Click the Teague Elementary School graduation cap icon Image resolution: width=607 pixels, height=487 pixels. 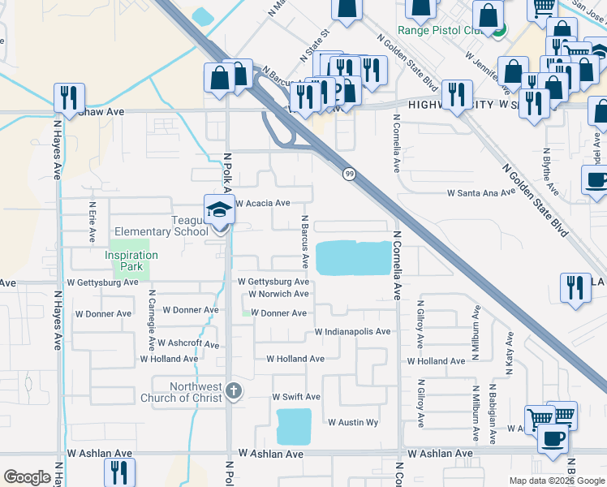(217, 210)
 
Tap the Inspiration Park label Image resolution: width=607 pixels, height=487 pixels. (131, 261)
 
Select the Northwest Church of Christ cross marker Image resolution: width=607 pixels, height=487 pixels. (234, 391)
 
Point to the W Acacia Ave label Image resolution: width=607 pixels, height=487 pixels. (262, 203)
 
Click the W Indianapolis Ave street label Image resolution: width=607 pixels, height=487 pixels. (352, 332)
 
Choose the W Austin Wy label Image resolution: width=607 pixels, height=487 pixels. (353, 423)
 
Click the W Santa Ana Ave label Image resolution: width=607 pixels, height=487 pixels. (480, 193)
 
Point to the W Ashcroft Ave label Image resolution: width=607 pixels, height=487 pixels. (188, 344)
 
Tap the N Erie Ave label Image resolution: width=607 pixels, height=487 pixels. (93, 222)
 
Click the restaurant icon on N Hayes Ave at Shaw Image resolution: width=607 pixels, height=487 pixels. (70, 98)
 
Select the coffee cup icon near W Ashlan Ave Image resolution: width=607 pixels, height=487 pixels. (554, 439)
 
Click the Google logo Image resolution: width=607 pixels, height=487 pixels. (28, 477)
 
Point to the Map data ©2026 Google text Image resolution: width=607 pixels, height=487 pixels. (556, 480)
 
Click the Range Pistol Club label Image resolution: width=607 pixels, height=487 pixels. (441, 31)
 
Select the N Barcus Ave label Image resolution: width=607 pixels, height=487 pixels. (305, 242)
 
